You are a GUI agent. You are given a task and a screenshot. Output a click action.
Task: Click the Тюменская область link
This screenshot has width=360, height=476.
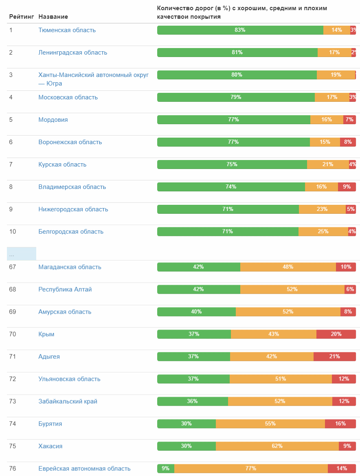pyautogui.click(x=67, y=30)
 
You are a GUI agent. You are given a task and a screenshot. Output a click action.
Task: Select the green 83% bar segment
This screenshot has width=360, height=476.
pyautogui.click(x=240, y=30)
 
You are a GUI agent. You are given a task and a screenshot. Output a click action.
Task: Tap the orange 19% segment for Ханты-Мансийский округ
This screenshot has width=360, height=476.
pyautogui.click(x=336, y=75)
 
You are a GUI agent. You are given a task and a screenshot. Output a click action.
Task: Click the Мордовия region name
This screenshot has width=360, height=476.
pyautogui.click(x=53, y=120)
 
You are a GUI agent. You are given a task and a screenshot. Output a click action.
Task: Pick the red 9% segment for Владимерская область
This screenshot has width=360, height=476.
pyautogui.click(x=347, y=187)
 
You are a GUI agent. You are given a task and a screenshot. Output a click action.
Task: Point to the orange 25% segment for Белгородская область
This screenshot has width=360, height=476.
pyautogui.click(x=323, y=232)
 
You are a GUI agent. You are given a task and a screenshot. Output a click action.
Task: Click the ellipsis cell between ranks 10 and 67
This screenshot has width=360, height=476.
pyautogui.click(x=22, y=254)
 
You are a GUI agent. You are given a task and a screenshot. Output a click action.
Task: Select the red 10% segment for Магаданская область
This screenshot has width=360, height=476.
pyautogui.click(x=346, y=267)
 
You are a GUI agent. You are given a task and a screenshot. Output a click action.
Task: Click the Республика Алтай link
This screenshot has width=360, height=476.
pyautogui.click(x=65, y=290)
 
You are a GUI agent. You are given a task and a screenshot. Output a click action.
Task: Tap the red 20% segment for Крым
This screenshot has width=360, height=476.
pyautogui.click(x=336, y=334)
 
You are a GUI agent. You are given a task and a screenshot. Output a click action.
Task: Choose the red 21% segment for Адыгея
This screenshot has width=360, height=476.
pyautogui.click(x=334, y=357)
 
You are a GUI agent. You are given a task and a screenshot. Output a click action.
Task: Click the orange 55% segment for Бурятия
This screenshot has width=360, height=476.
pyautogui.click(x=270, y=424)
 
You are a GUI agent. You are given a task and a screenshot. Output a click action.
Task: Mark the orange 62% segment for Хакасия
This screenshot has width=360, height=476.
pyautogui.click(x=277, y=446)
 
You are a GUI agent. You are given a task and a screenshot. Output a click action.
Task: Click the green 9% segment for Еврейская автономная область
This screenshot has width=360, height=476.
pyautogui.click(x=165, y=469)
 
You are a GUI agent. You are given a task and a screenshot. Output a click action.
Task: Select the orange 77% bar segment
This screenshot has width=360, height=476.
pyautogui.click(x=250, y=469)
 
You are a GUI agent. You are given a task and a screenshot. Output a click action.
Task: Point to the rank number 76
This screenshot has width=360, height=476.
pyautogui.click(x=13, y=469)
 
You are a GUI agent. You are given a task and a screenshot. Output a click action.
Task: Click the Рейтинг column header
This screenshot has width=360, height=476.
pyautogui.click(x=22, y=17)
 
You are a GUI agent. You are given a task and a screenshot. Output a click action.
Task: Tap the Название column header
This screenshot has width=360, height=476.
pyautogui.click(x=53, y=17)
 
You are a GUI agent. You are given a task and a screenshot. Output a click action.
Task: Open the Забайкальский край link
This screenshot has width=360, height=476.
pyautogui.click(x=68, y=401)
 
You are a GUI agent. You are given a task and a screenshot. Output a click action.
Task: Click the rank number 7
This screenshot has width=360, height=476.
pyautogui.click(x=11, y=165)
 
